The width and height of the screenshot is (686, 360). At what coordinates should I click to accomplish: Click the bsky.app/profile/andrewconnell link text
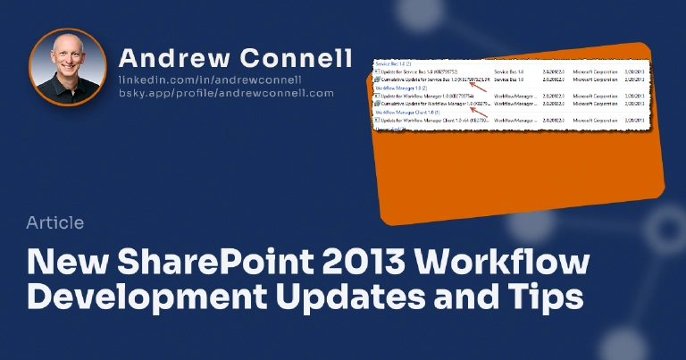226,92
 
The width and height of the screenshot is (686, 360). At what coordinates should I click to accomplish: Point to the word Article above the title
55,222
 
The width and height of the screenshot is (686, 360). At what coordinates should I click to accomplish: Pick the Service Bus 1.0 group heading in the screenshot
393,63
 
